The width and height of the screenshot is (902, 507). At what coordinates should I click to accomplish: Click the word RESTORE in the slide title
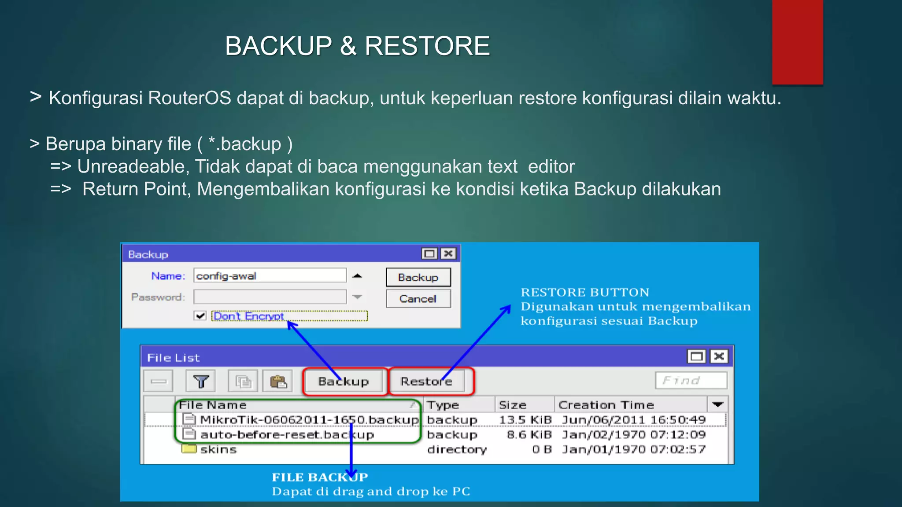point(427,46)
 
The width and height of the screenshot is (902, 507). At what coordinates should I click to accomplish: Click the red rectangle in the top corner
point(797,42)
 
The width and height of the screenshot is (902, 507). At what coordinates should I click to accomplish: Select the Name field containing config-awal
point(270,276)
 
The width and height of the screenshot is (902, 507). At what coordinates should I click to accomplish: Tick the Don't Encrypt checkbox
point(200,316)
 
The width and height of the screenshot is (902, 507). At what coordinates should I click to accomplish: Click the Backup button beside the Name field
point(418,277)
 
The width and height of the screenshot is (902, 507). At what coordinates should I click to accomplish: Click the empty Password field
point(270,297)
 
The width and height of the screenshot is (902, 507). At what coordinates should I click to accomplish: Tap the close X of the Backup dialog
point(448,253)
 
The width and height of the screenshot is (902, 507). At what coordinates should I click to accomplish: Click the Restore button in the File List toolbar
point(426,381)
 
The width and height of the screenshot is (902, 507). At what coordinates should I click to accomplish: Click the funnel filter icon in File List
point(201,381)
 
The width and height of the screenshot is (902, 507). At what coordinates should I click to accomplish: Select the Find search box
point(691,381)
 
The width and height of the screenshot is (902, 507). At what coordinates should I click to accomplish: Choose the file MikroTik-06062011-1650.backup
point(309,420)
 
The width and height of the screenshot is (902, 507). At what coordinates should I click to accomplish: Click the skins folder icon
point(189,449)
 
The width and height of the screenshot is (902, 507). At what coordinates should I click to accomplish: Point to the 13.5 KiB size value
point(525,420)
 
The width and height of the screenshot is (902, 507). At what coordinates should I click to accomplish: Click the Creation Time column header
point(606,405)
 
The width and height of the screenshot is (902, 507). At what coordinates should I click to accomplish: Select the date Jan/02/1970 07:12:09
point(633,435)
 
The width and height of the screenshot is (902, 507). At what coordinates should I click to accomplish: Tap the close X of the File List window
point(719,356)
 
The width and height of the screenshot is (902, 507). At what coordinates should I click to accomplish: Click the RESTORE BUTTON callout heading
point(585,292)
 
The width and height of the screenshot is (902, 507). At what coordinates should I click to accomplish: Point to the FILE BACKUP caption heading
point(320,477)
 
